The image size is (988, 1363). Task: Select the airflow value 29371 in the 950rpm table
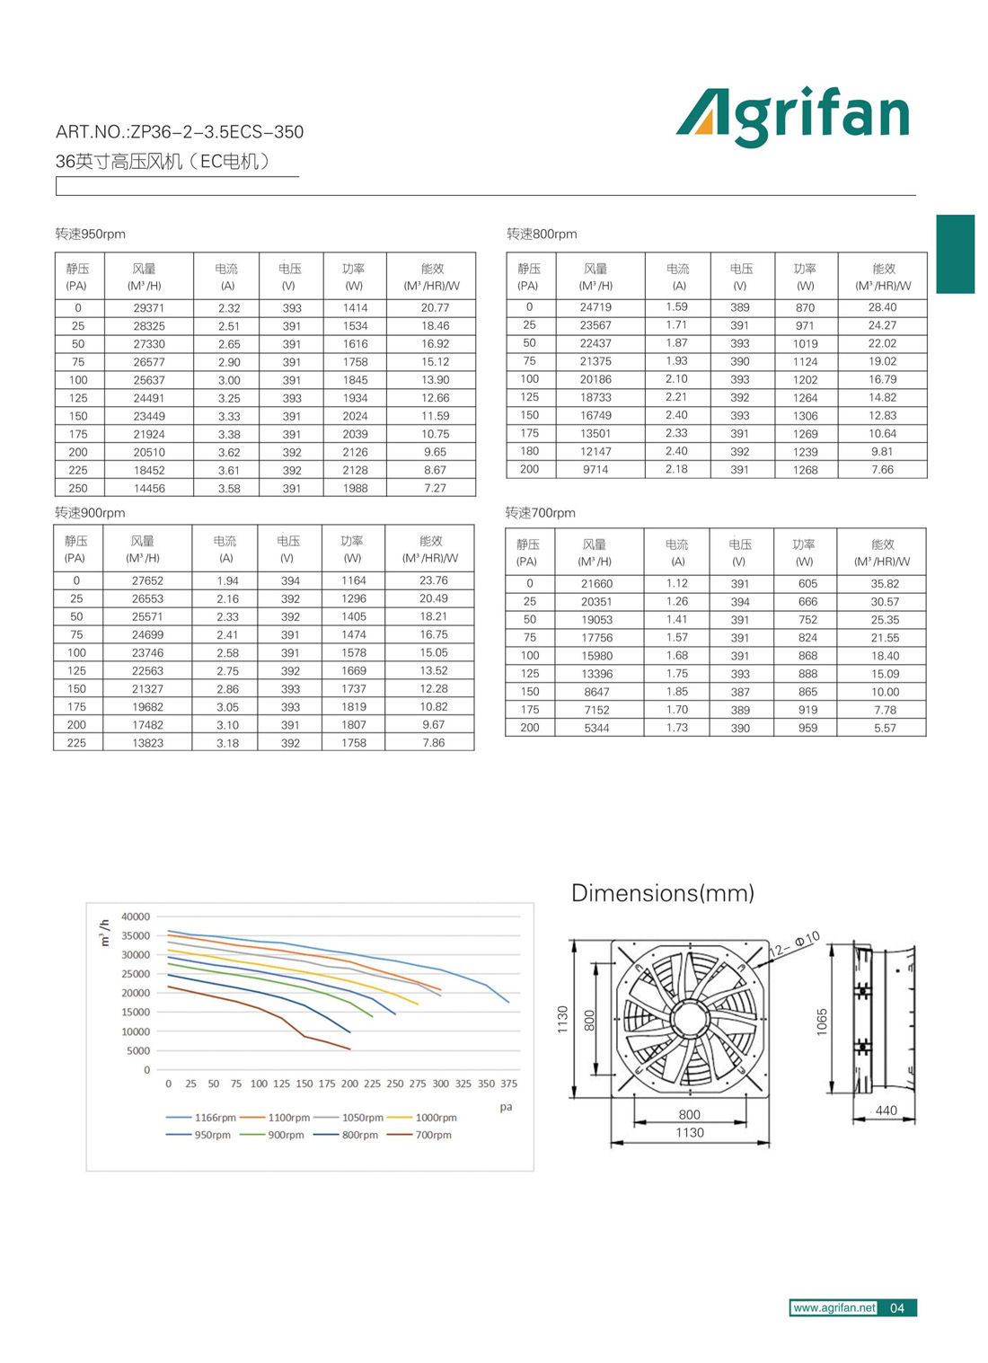[x=148, y=308]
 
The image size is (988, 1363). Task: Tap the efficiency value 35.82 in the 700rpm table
[x=884, y=584]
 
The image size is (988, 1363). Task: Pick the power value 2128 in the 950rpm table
[x=355, y=470]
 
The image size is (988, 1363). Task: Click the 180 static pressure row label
[x=529, y=451]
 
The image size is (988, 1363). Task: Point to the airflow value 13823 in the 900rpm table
[x=147, y=743]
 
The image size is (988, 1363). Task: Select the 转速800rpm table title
[x=542, y=235]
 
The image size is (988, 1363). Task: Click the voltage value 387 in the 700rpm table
[x=739, y=692]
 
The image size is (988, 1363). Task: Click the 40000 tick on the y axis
[x=136, y=916]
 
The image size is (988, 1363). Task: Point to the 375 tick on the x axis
[x=508, y=1084]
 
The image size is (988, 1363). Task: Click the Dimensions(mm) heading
[x=662, y=893]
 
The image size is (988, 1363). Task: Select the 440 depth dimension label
[x=886, y=1111]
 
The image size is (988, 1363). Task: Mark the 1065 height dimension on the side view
[x=821, y=1022]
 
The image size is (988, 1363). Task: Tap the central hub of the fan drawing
[x=690, y=1019]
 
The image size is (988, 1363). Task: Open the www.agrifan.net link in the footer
[x=834, y=1308]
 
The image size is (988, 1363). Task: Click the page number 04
[x=896, y=1308]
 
